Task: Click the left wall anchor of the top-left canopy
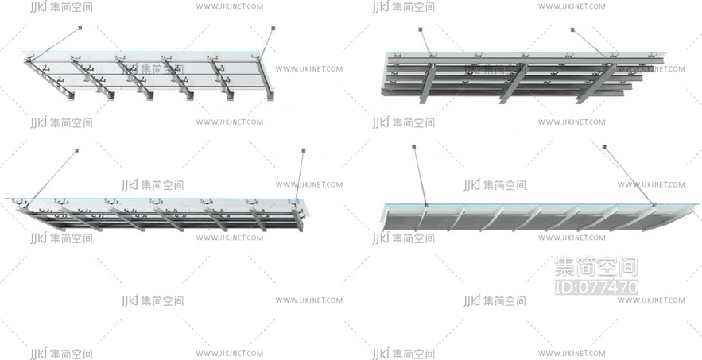click(80, 29)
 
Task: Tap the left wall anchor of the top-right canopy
click(420, 30)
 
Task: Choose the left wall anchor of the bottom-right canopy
click(413, 147)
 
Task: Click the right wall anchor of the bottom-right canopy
click(604, 147)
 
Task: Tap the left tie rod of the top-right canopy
click(425, 44)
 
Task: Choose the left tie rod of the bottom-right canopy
click(419, 176)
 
